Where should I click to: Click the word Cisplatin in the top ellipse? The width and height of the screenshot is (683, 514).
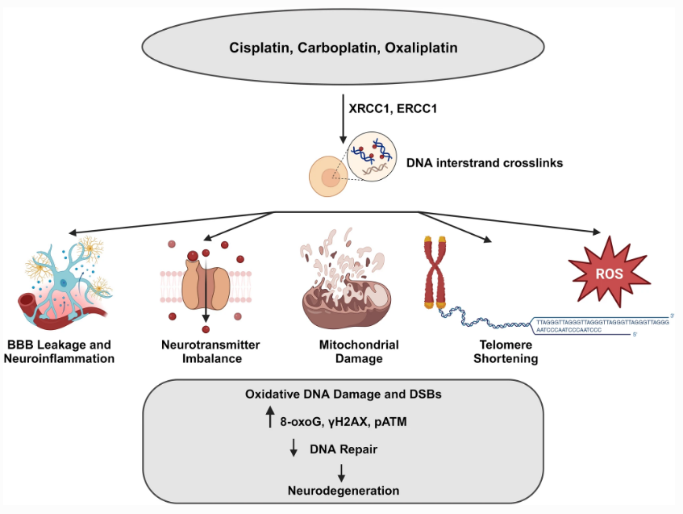(x=254, y=48)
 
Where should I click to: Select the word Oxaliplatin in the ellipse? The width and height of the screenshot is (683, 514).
(x=419, y=48)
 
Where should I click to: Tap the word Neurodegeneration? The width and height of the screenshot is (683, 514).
(x=344, y=489)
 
